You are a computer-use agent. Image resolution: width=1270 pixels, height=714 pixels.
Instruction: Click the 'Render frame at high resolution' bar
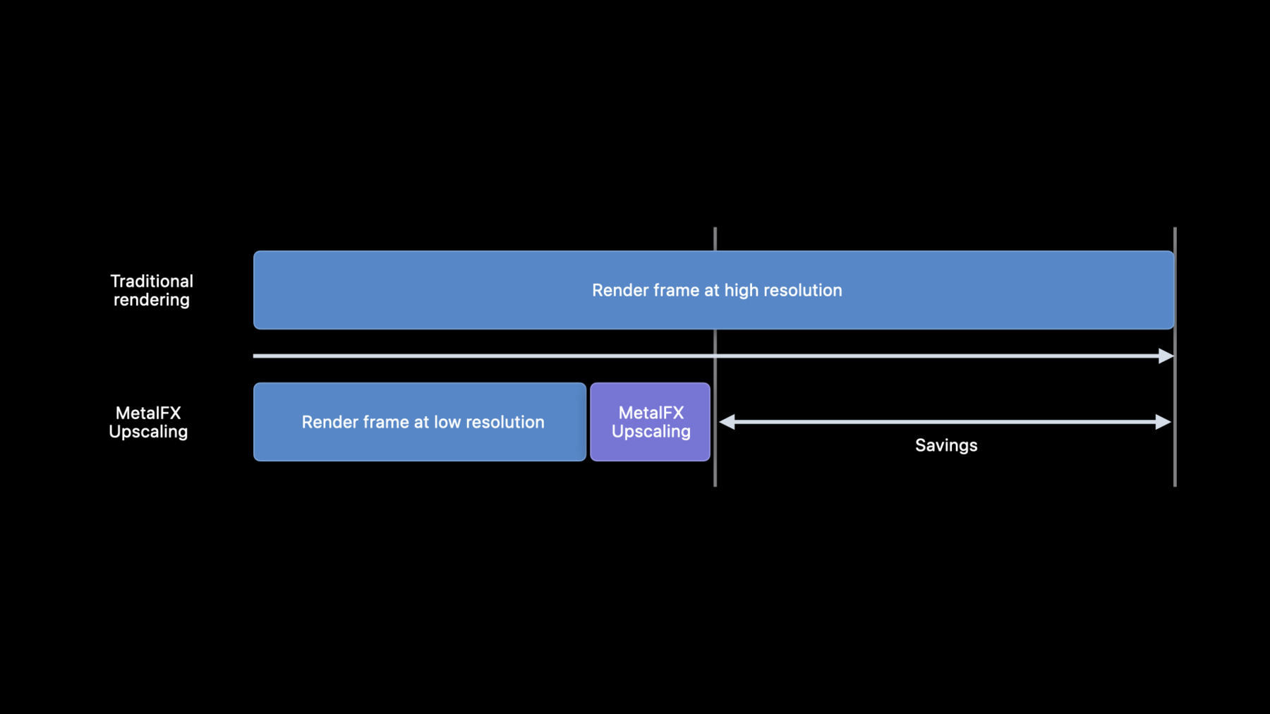tap(713, 290)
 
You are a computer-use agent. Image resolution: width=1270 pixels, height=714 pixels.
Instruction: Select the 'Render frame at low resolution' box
tap(420, 422)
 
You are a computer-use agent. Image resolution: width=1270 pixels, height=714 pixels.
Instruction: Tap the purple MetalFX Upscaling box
tap(650, 422)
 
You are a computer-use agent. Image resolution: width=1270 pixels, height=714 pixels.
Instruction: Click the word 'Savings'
tap(946, 445)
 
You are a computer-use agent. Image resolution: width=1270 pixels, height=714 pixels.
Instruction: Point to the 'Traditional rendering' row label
tap(152, 291)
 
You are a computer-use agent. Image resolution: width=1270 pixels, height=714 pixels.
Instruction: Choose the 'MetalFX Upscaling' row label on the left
tap(148, 422)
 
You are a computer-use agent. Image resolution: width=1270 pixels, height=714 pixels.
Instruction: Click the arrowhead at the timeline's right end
tap(1166, 356)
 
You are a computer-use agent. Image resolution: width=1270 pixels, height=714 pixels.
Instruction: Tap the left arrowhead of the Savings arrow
tap(727, 422)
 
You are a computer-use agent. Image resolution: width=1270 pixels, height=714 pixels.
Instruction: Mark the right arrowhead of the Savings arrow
tap(1163, 422)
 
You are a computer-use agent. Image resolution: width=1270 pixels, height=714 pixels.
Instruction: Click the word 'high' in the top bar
tap(741, 291)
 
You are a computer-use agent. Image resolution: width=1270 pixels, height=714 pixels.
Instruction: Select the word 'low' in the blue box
tap(447, 422)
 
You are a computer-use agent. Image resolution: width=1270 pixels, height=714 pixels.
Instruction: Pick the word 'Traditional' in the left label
tap(152, 282)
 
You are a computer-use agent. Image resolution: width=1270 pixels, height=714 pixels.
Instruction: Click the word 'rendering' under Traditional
tap(152, 301)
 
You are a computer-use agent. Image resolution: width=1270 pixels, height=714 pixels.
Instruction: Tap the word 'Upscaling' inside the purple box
tap(651, 432)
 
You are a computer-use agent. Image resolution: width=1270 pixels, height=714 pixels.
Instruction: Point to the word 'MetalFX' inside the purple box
tap(651, 413)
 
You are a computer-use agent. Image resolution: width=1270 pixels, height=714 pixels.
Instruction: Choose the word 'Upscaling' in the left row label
tap(148, 432)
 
